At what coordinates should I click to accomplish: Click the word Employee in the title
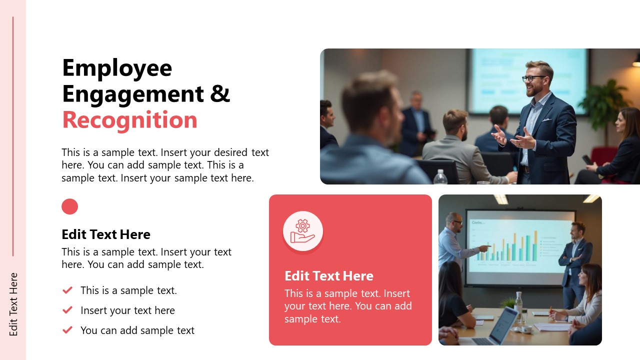(x=117, y=68)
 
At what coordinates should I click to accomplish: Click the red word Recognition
(x=129, y=120)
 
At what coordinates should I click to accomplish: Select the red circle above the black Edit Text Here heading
(x=69, y=206)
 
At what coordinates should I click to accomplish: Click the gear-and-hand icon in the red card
(x=302, y=231)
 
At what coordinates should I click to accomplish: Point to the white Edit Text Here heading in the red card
(x=328, y=276)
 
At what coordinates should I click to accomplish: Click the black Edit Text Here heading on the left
(x=105, y=234)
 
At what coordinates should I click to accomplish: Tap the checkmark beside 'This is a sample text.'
(x=67, y=290)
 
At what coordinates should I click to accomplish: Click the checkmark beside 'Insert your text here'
(x=67, y=310)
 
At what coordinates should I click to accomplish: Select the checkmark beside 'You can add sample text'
(x=67, y=330)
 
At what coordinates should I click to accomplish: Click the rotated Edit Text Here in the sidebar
(x=13, y=304)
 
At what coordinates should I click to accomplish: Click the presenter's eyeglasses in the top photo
(x=533, y=78)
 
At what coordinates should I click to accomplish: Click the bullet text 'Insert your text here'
(x=127, y=310)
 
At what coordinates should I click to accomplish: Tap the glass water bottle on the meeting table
(x=518, y=305)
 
